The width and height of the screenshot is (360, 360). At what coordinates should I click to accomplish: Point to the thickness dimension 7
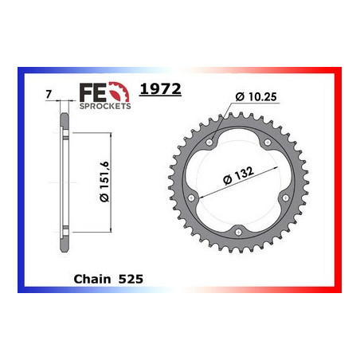point(49,95)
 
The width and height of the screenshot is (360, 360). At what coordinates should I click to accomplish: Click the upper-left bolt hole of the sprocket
point(209,143)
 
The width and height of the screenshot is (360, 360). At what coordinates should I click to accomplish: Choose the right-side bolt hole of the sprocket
point(295,198)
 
